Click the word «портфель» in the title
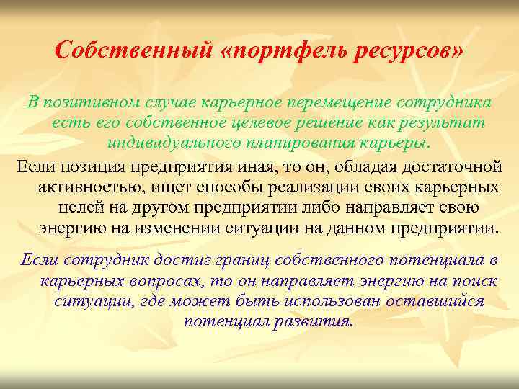tap(269, 51)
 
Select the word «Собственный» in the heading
tap(134, 51)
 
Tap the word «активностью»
tap(86, 188)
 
